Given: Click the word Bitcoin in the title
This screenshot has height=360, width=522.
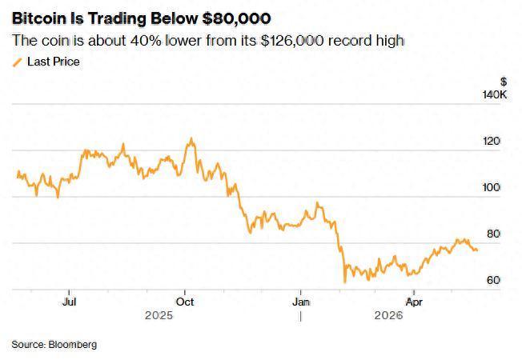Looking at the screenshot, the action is pyautogui.click(x=39, y=18).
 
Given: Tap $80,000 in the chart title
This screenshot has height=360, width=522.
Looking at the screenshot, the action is pyautogui.click(x=237, y=18).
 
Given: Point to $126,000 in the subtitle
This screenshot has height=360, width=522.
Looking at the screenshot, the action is pyautogui.click(x=292, y=41).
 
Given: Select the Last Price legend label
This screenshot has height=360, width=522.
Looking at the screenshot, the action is pyautogui.click(x=54, y=62).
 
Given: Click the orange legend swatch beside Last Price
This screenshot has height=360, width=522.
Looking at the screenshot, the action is pyautogui.click(x=18, y=62).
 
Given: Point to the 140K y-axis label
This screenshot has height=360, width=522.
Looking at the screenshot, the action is pyautogui.click(x=495, y=95).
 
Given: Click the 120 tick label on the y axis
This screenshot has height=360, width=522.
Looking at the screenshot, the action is pyautogui.click(x=492, y=141).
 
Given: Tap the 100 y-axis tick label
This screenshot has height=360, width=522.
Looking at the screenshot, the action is pyautogui.click(x=492, y=187).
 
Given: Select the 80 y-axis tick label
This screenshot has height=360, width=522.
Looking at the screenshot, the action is pyautogui.click(x=493, y=234).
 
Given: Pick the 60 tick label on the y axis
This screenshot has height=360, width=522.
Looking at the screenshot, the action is pyautogui.click(x=493, y=280).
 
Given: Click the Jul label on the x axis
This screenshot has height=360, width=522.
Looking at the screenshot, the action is pyautogui.click(x=69, y=302).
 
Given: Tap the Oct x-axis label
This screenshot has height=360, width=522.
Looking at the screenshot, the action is pyautogui.click(x=185, y=302).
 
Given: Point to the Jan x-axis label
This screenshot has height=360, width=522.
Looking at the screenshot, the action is pyautogui.click(x=301, y=302).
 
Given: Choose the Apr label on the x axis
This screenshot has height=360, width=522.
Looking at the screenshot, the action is pyautogui.click(x=414, y=302).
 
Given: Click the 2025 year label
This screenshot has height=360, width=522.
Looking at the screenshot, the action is pyautogui.click(x=159, y=315).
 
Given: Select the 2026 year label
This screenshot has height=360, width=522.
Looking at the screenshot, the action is pyautogui.click(x=388, y=315).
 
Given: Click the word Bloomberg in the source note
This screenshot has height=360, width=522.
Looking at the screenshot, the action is pyautogui.click(x=73, y=344).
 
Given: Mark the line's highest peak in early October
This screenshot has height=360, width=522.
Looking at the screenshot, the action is pyautogui.click(x=191, y=138).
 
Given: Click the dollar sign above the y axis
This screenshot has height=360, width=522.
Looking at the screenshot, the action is pyautogui.click(x=504, y=82).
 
